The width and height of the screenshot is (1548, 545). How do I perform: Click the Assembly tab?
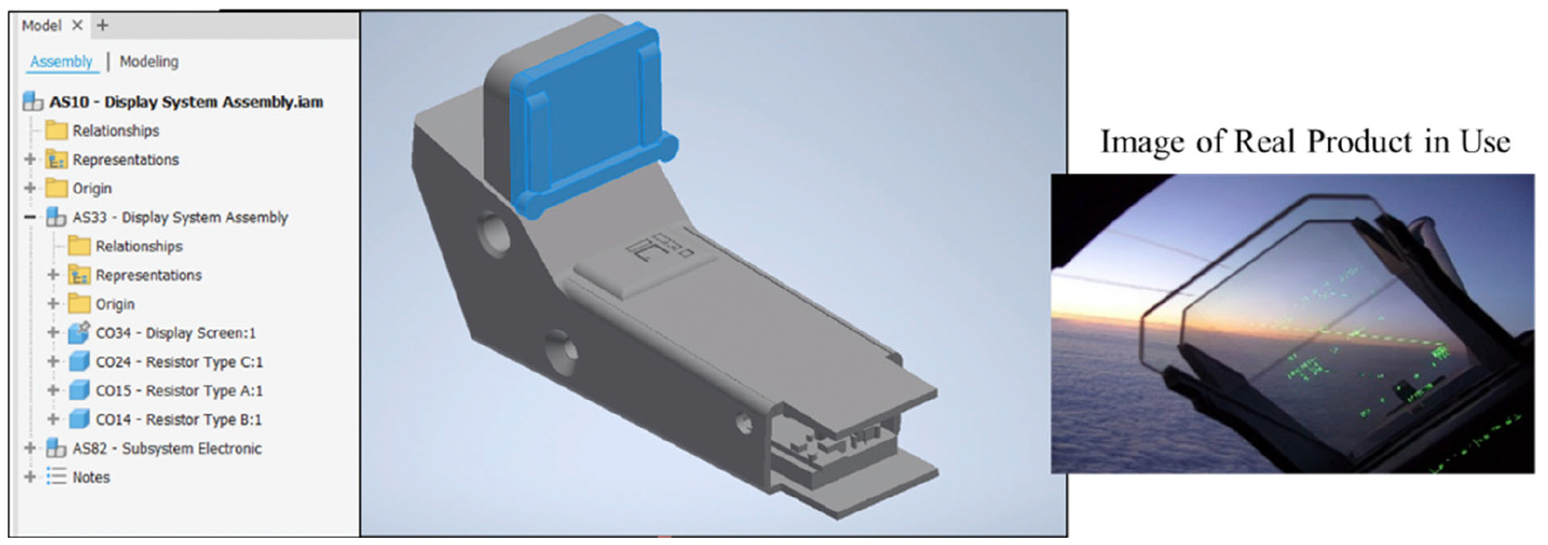(61, 62)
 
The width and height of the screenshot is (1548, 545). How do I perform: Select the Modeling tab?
(149, 62)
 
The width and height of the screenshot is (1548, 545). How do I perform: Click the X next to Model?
(77, 26)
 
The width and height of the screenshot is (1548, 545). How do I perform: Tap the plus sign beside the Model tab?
(102, 26)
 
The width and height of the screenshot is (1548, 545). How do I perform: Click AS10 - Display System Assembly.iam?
(186, 102)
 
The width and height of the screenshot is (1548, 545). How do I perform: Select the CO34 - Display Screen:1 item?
(176, 333)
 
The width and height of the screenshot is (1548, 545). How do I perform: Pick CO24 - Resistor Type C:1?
(179, 362)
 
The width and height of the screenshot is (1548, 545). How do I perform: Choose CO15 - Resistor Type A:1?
(179, 391)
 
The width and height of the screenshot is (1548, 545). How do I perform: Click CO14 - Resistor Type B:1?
(179, 420)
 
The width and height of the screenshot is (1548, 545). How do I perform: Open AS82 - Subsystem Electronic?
(167, 448)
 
